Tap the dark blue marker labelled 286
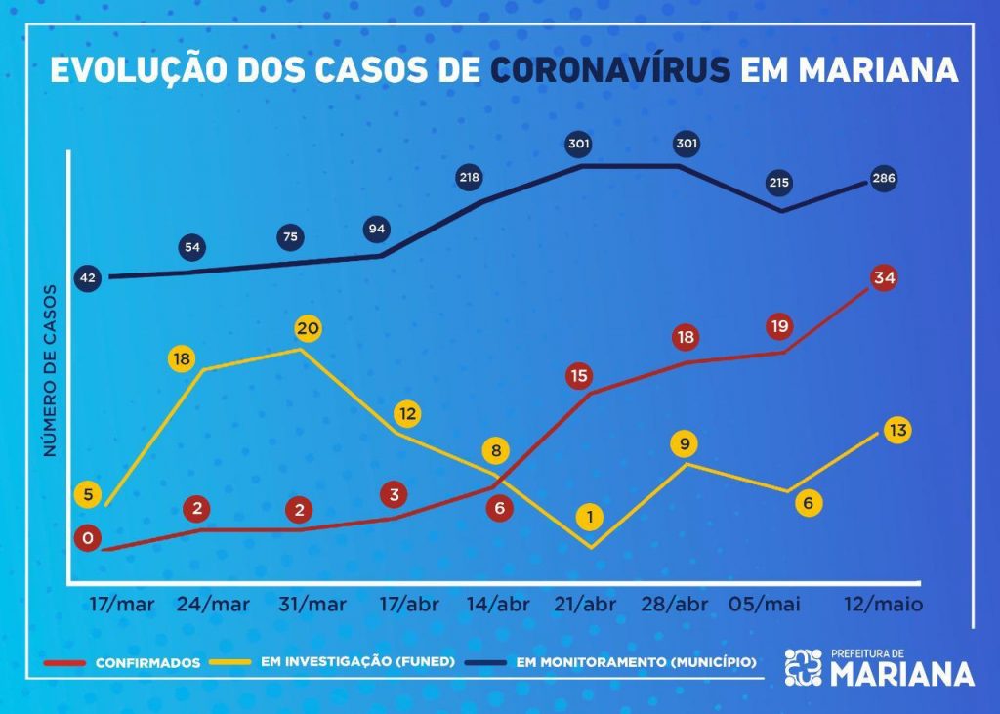pyautogui.click(x=884, y=179)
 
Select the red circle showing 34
pyautogui.click(x=885, y=278)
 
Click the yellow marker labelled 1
pyautogui.click(x=590, y=517)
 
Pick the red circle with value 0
pyautogui.click(x=88, y=538)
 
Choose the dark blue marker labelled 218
pyautogui.click(x=472, y=178)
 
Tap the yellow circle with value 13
pyautogui.click(x=896, y=430)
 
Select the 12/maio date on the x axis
pyautogui.click(x=884, y=604)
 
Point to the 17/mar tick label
pyautogui.click(x=122, y=604)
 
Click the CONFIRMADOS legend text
pyautogui.click(x=147, y=662)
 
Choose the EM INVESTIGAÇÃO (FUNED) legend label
pyautogui.click(x=357, y=661)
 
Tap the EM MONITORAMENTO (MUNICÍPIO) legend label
pyautogui.click(x=636, y=661)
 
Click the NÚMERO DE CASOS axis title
pyautogui.click(x=49, y=371)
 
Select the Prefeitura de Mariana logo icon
pyautogui.click(x=804, y=667)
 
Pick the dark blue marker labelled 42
pyautogui.click(x=88, y=278)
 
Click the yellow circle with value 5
pyautogui.click(x=88, y=494)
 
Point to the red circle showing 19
pyautogui.click(x=779, y=326)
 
